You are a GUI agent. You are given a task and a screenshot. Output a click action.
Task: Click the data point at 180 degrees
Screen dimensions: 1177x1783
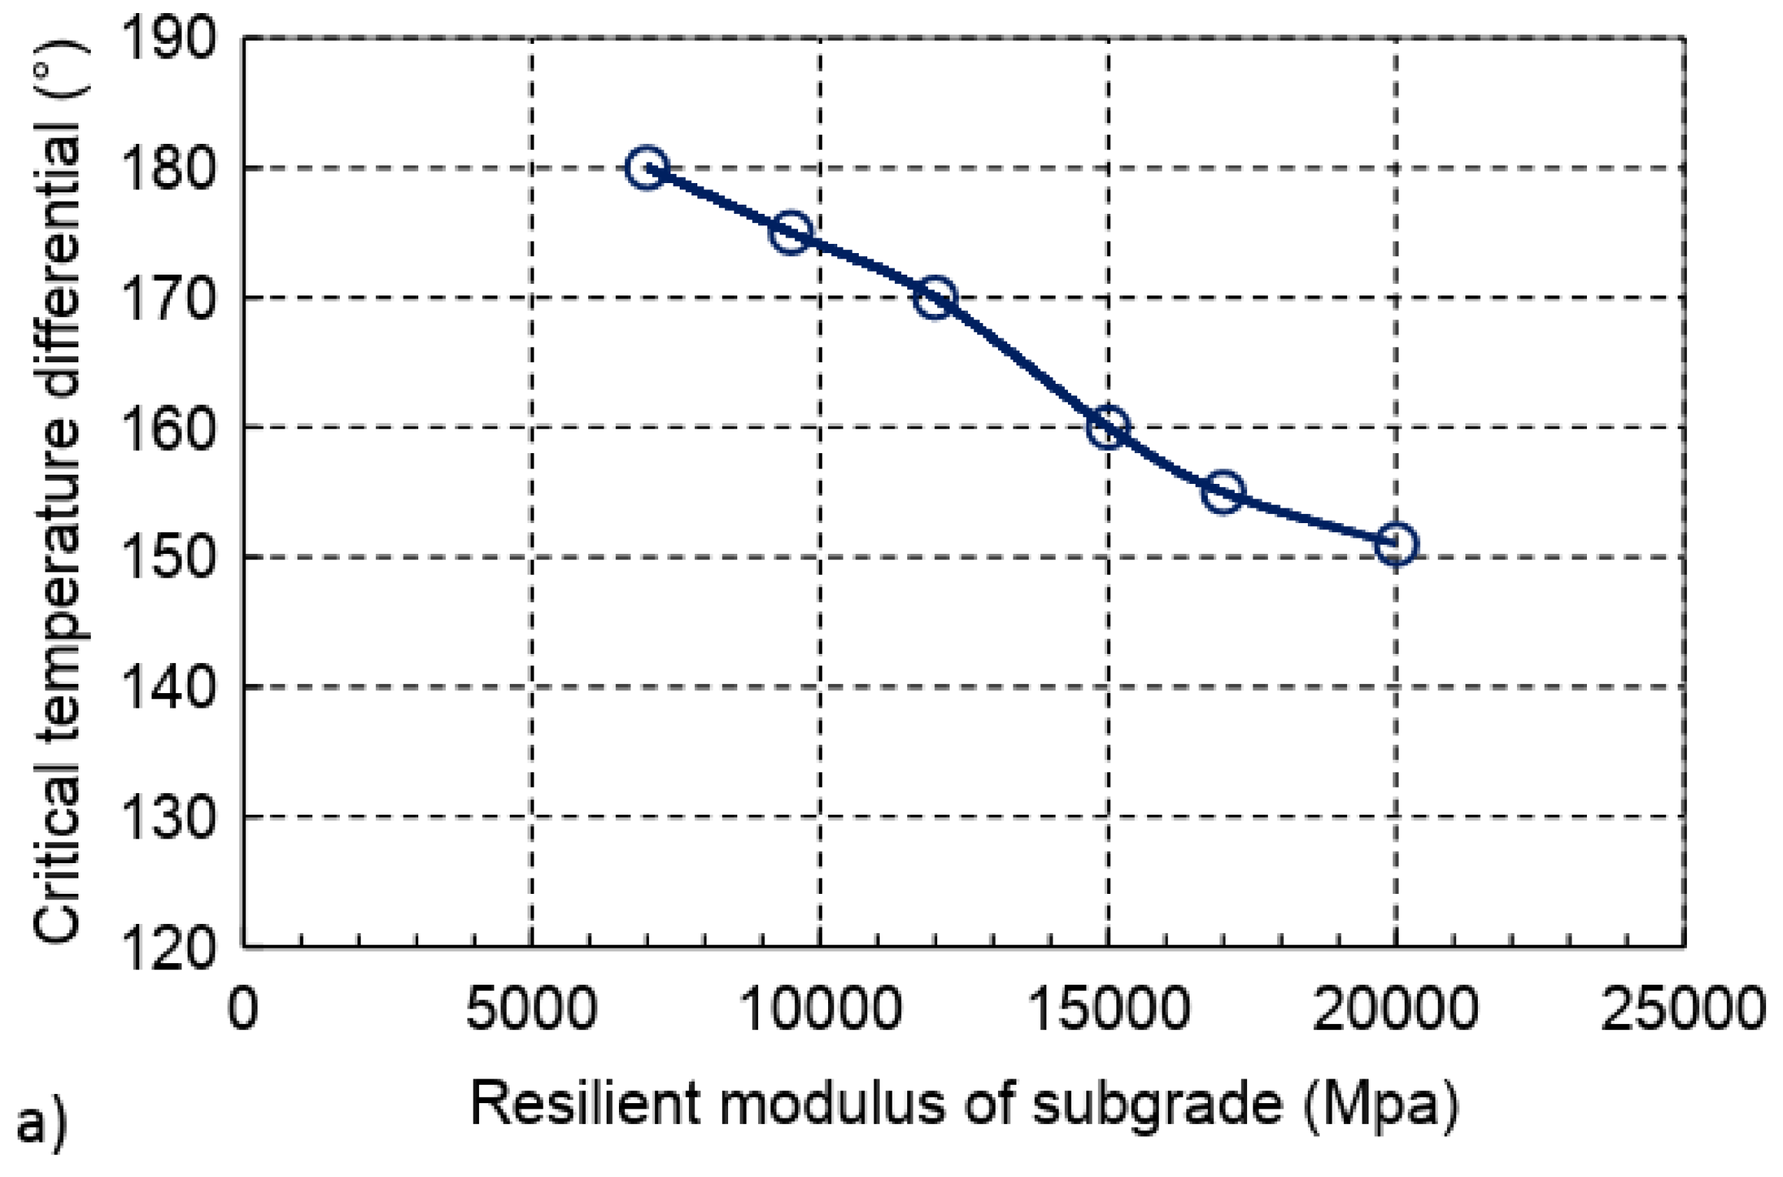coord(647,167)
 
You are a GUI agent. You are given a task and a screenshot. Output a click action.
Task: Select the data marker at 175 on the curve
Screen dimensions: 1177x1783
coord(790,232)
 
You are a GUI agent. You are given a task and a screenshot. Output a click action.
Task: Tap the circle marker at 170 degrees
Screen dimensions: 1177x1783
coord(935,297)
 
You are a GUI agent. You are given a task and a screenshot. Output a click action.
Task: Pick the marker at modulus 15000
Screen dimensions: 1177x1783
coord(1108,426)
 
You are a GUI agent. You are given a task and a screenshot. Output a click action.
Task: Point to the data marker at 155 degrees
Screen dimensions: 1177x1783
coord(1222,491)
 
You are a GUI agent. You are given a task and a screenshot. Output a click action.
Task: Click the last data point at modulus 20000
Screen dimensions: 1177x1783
coord(1395,544)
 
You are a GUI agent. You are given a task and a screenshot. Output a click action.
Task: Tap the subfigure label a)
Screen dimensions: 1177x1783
coord(42,1125)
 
